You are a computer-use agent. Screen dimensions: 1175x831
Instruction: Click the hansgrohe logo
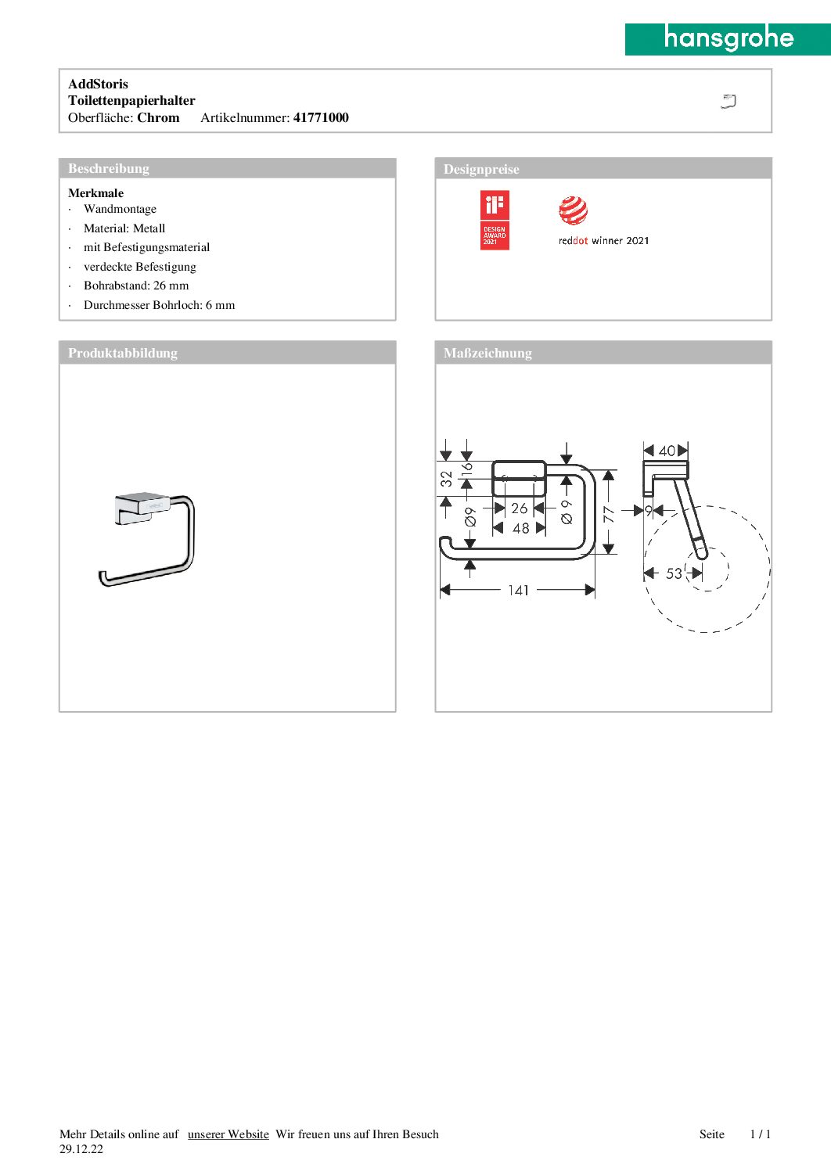(x=728, y=38)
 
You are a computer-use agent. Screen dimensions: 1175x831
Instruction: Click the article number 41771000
(x=321, y=118)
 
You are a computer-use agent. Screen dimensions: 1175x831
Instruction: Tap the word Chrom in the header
(x=158, y=118)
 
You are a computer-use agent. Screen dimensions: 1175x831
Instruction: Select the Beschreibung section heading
(x=109, y=169)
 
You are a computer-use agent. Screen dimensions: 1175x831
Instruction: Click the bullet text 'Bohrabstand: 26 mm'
(x=136, y=286)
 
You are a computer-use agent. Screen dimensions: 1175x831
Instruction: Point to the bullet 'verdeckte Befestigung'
(x=140, y=267)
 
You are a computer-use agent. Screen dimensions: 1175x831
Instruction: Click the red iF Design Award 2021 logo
(x=495, y=221)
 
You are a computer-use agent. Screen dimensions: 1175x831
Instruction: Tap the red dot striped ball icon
(x=573, y=210)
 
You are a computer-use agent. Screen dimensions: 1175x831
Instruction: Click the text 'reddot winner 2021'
(x=603, y=241)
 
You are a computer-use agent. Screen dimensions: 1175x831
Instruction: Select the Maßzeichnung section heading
(x=487, y=354)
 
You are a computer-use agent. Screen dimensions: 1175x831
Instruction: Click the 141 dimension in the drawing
(x=518, y=591)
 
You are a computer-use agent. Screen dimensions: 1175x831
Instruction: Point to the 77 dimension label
(x=609, y=514)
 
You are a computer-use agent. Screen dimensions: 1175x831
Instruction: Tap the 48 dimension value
(x=520, y=529)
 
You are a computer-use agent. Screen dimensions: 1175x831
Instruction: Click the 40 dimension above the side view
(x=667, y=451)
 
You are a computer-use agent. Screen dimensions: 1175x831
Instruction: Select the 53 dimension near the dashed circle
(x=674, y=573)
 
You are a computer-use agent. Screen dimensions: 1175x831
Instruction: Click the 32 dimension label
(x=446, y=478)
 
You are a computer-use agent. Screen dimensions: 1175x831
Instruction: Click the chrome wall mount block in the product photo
(x=142, y=507)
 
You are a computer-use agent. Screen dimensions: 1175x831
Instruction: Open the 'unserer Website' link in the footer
(x=228, y=1134)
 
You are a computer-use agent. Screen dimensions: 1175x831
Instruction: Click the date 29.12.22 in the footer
(x=81, y=1149)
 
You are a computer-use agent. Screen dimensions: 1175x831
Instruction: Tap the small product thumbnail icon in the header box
(x=728, y=101)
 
